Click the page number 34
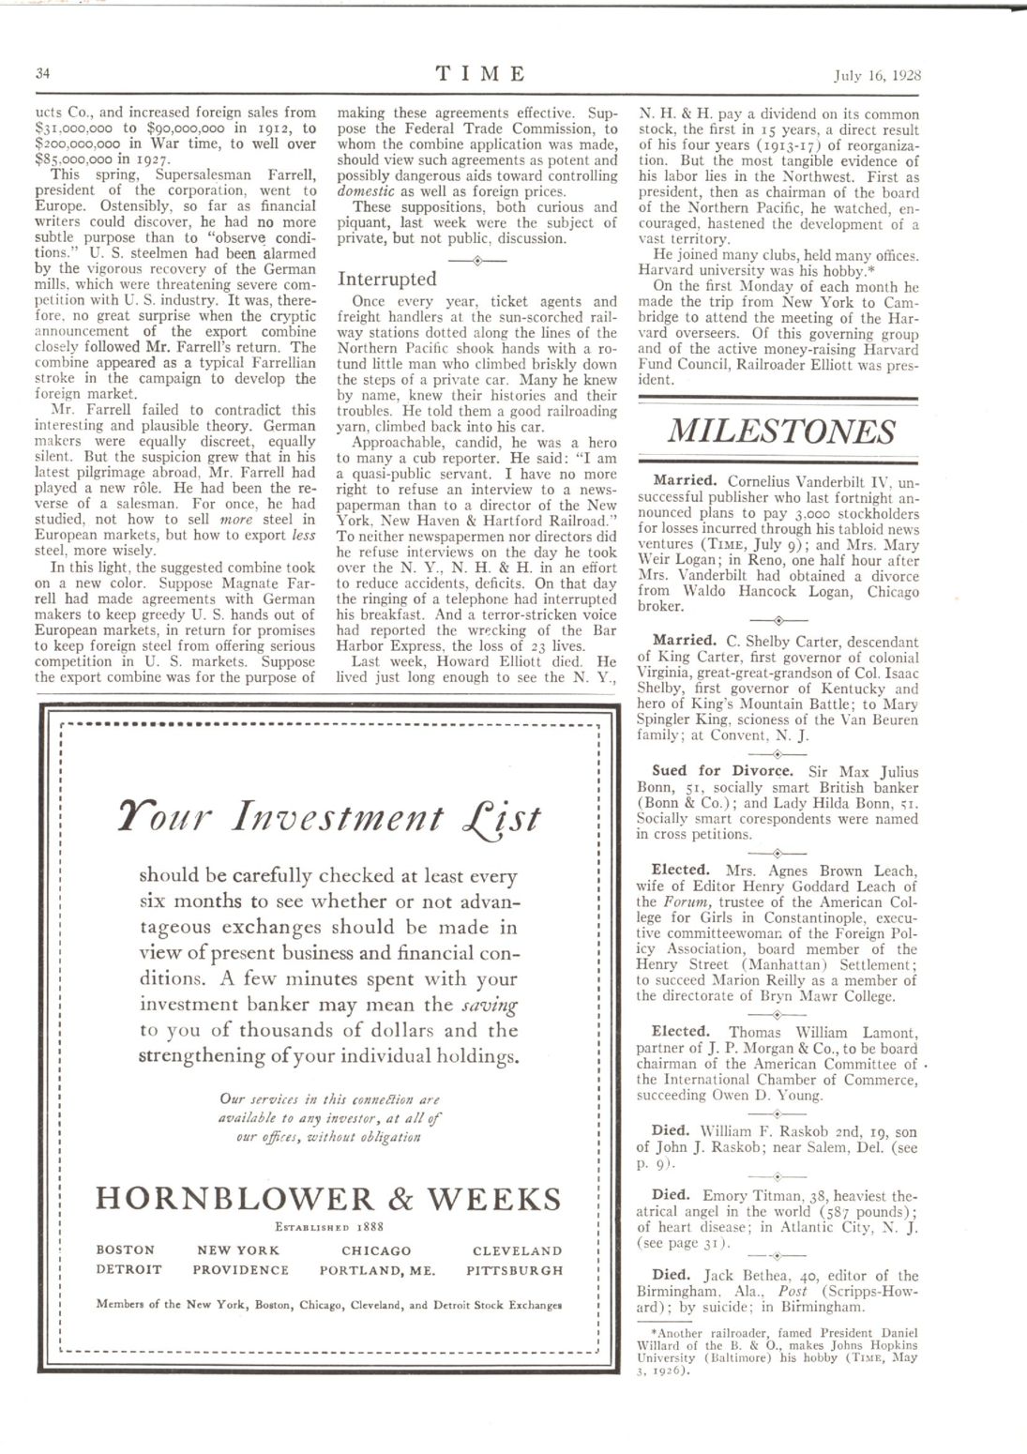(43, 73)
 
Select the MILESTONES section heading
(780, 431)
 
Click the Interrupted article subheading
(387, 279)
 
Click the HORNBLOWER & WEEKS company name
(329, 1199)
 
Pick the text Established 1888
(328, 1226)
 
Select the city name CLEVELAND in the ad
(517, 1250)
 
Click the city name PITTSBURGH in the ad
(514, 1270)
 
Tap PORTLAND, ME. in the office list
(377, 1270)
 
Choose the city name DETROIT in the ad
(128, 1270)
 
